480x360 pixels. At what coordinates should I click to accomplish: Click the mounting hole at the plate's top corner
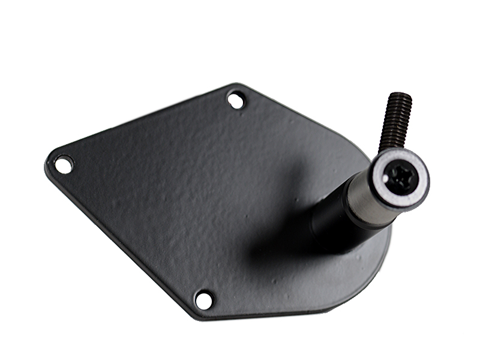tap(236, 99)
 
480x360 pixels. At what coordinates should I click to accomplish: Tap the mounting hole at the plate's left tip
tap(63, 163)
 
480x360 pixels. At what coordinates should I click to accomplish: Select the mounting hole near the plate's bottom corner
tap(204, 299)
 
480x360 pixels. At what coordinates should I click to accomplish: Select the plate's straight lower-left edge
tap(120, 240)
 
